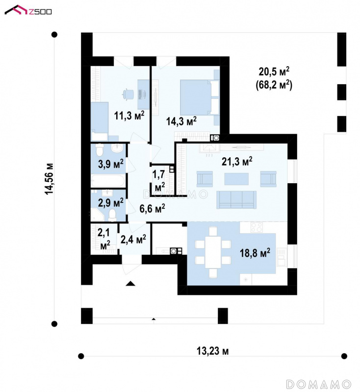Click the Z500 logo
tap(28, 11)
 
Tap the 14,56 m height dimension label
tap(49, 178)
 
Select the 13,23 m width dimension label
tap(212, 351)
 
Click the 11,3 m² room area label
tap(129, 116)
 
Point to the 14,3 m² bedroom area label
tap(181, 121)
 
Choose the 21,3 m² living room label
tap(237, 161)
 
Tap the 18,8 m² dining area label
tap(255, 253)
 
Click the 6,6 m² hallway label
tap(152, 208)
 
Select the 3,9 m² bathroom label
tap(111, 164)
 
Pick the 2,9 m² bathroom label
tap(110, 202)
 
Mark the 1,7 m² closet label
tap(158, 180)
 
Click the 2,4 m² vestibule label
tap(133, 239)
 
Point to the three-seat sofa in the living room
tap(236, 200)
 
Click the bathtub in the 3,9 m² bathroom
tap(108, 181)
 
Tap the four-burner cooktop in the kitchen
tap(257, 227)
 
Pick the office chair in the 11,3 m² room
tap(129, 94)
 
